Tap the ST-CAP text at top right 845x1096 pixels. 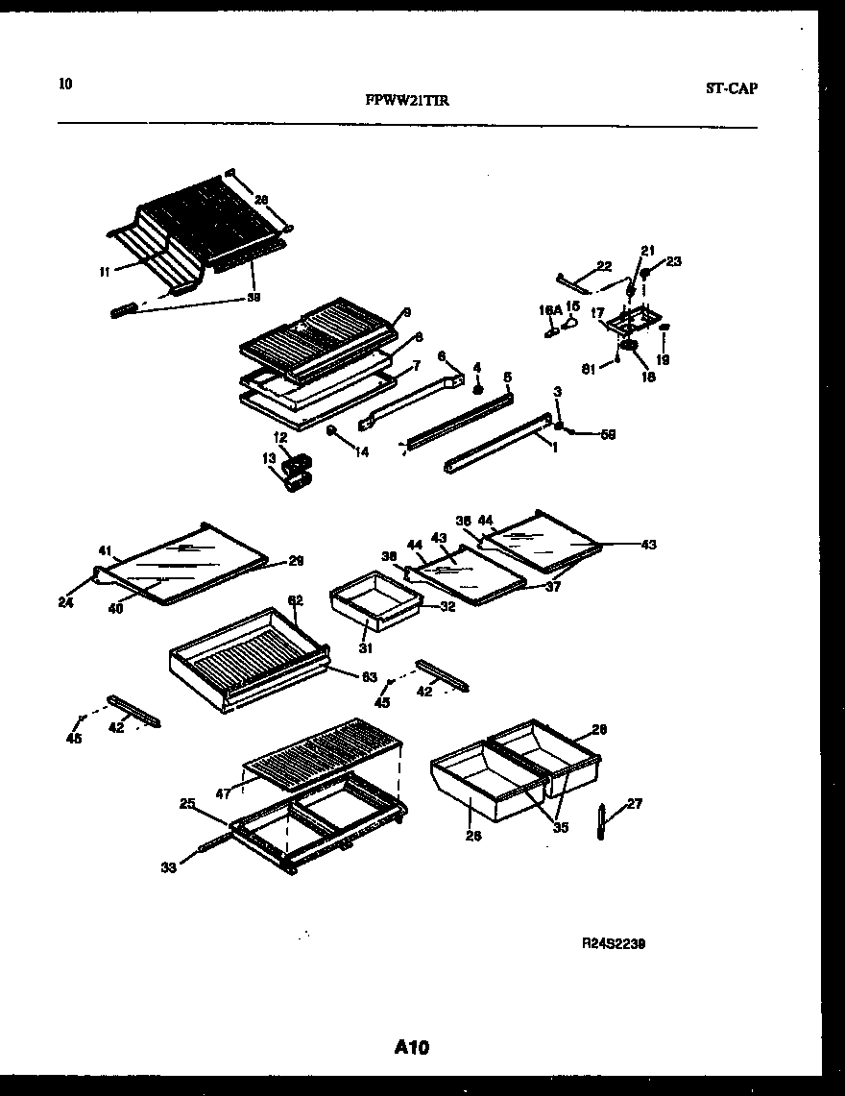tap(731, 88)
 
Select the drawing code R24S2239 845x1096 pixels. tap(612, 944)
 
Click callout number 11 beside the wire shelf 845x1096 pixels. tap(104, 272)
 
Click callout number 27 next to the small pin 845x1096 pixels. tap(635, 804)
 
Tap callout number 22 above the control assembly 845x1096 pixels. tap(603, 265)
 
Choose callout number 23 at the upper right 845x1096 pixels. tap(673, 260)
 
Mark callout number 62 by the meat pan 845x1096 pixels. tap(296, 600)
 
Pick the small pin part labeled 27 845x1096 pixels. tap(601, 822)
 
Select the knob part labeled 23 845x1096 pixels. tap(645, 274)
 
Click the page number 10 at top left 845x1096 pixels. tap(64, 84)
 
